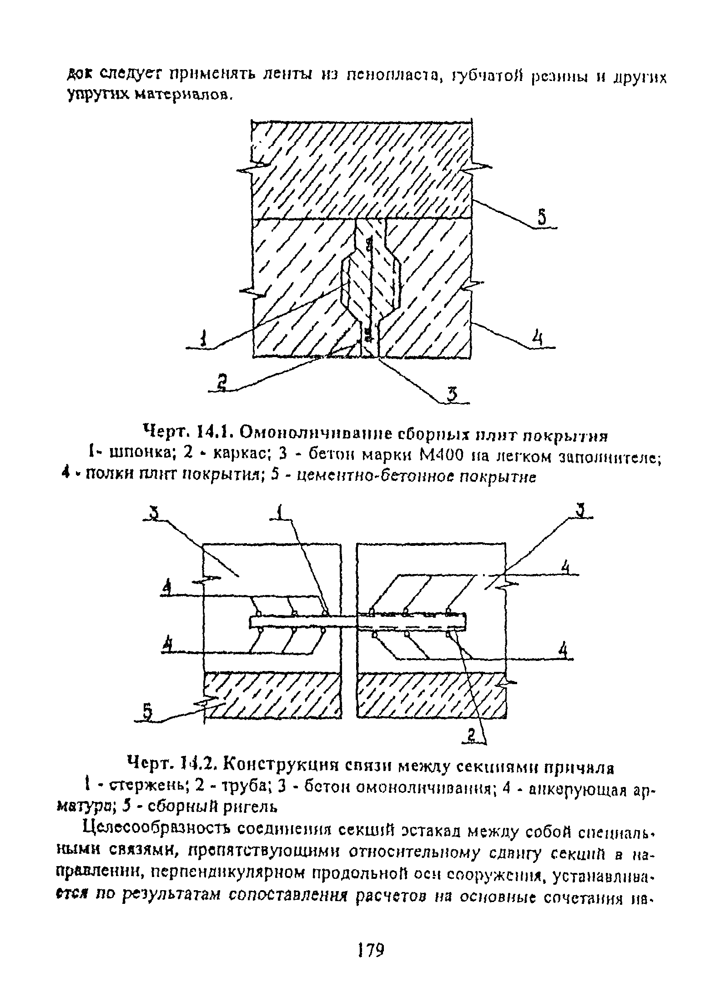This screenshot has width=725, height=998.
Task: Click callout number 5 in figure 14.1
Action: pos(542,217)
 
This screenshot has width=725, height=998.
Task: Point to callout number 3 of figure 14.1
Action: pos(452,394)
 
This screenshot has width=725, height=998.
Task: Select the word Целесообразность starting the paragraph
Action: pos(157,833)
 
